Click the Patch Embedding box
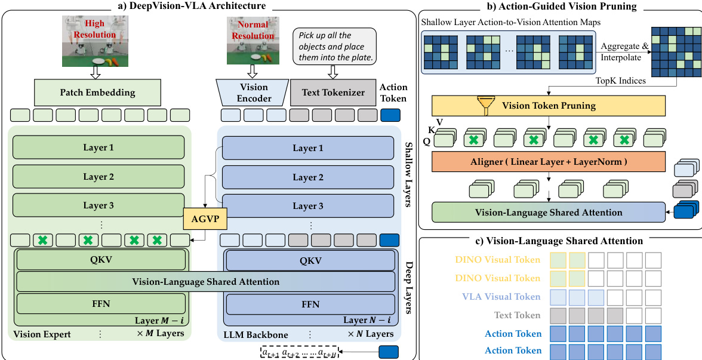click(97, 93)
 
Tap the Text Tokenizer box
click(332, 93)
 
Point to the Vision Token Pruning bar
click(548, 106)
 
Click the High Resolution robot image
click(95, 41)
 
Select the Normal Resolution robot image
click(254, 41)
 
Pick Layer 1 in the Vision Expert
click(98, 147)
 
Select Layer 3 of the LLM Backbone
click(307, 206)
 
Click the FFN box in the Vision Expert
click(101, 304)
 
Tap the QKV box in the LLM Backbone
click(310, 260)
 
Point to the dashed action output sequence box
click(299, 352)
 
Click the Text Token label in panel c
click(518, 315)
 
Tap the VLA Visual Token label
click(501, 297)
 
